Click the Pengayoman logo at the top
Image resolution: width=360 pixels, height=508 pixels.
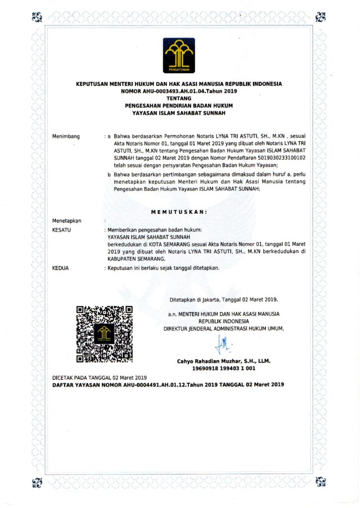[180, 56]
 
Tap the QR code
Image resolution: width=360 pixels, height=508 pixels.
[105, 334]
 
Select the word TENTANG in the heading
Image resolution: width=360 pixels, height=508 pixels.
[179, 99]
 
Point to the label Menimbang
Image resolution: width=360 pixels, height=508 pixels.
[66, 136]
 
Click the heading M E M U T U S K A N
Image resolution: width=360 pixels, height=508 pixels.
[179, 212]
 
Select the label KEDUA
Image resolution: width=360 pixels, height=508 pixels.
[61, 268]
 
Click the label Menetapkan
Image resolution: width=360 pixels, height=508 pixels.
[67, 221]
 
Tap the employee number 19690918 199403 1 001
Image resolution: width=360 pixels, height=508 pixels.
[223, 369]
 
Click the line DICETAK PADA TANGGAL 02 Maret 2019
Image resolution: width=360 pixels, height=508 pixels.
[100, 378]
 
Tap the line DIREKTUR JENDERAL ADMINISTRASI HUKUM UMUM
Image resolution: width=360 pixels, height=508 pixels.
[224, 328]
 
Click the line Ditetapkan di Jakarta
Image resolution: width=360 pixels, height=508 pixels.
[224, 300]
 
